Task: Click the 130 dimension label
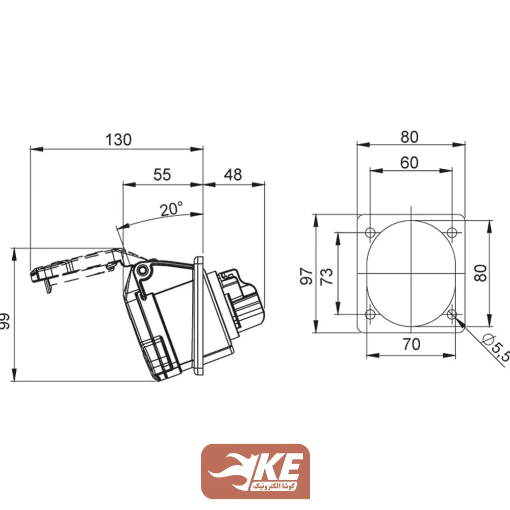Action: click(x=118, y=140)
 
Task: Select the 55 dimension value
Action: click(x=162, y=174)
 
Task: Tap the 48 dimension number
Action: click(x=233, y=174)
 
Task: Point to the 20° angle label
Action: click(x=171, y=209)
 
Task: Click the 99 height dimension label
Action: click(x=5, y=321)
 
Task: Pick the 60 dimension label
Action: click(x=409, y=163)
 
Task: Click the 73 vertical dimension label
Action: click(x=327, y=276)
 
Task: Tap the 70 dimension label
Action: click(x=412, y=344)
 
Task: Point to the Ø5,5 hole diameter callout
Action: click(x=497, y=348)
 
